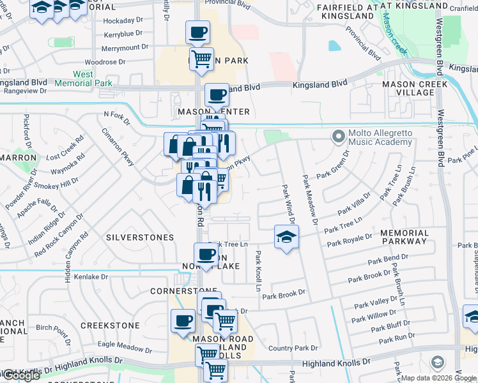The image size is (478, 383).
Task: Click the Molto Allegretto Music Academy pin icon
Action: [x=338, y=136]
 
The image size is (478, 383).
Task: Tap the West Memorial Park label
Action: [x=83, y=79]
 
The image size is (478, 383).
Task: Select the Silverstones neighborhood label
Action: [x=140, y=237]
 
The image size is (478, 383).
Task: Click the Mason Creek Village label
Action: [x=408, y=88]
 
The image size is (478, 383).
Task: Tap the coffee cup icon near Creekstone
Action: [x=183, y=320]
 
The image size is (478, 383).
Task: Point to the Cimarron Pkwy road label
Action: [x=118, y=147]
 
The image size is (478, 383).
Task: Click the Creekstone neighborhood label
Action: [x=110, y=326]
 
